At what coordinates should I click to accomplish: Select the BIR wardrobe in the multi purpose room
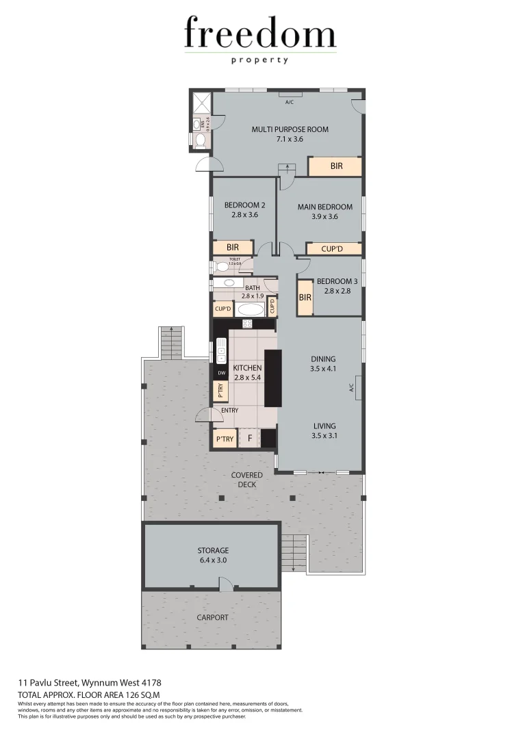335,166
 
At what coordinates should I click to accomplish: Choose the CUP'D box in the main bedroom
331,249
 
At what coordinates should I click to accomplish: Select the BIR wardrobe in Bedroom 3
305,298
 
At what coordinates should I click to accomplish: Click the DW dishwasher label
220,373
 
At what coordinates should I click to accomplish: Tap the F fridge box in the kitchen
250,439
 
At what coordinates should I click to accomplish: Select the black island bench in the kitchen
272,378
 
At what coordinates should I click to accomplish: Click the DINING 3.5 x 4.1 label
323,363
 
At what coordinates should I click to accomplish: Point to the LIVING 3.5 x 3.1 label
324,430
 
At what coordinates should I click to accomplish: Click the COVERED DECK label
246,480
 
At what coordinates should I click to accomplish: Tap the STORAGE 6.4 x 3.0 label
212,555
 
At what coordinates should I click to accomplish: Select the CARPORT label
212,617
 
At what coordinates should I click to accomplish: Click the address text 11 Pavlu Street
89,682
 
